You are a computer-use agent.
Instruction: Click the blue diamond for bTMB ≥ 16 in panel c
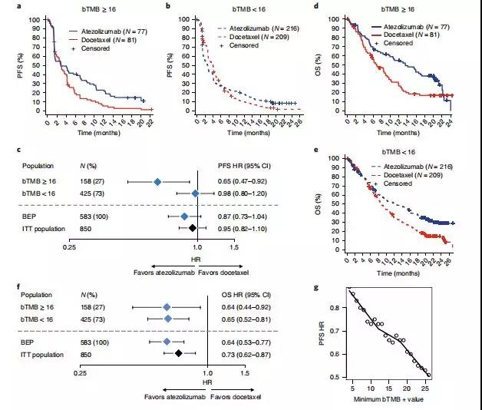157,182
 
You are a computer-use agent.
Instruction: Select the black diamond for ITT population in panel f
178,352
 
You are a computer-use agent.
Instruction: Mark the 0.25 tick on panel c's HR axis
70,247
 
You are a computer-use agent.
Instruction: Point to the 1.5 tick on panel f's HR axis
245,372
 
